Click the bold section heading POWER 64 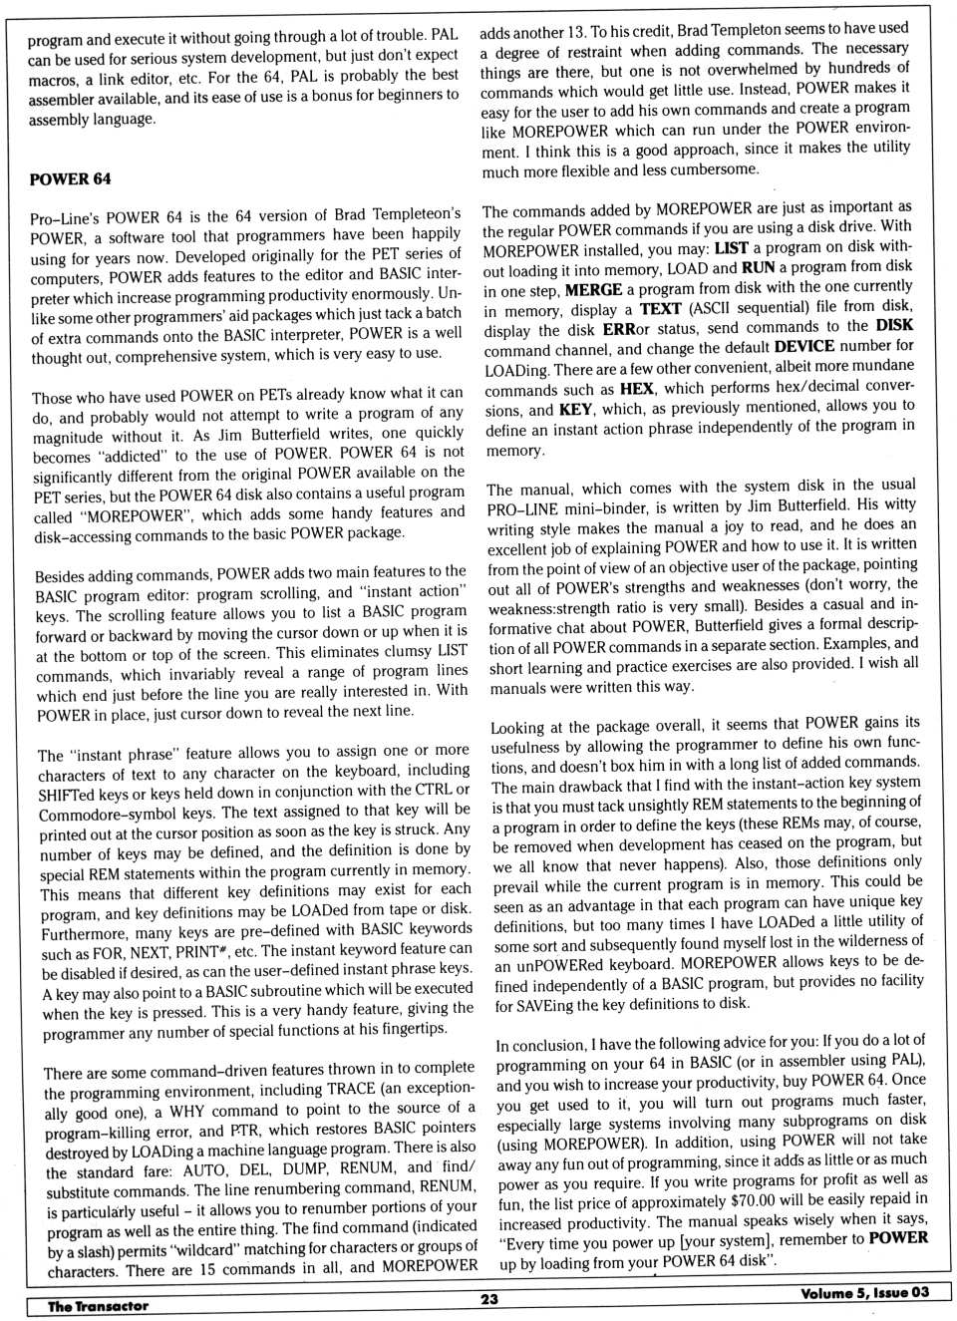(x=70, y=179)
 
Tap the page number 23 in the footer (x=488, y=1299)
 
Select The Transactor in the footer (x=98, y=1306)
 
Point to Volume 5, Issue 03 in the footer (x=863, y=1293)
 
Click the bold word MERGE (x=593, y=289)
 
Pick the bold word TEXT (x=660, y=309)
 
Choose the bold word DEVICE (x=803, y=346)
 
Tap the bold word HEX (x=636, y=389)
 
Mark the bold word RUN (x=758, y=267)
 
